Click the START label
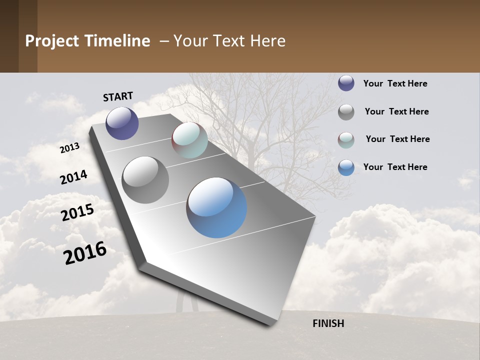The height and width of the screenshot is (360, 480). tap(118, 96)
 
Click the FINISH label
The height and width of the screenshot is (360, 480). tap(328, 323)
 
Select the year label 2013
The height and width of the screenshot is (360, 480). tap(70, 148)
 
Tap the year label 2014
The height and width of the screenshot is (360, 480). tap(74, 177)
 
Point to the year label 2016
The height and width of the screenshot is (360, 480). tap(85, 252)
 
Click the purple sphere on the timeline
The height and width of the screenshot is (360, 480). tap(122, 123)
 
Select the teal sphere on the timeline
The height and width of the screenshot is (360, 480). tap(189, 140)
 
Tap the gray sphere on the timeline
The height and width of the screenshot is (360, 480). tap(145, 179)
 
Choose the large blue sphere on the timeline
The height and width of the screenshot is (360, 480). tap(216, 207)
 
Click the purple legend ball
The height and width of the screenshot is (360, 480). tap(346, 83)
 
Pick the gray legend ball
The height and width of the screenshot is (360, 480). tap(346, 112)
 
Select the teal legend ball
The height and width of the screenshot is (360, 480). tap(346, 140)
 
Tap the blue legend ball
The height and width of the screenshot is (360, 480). tap(346, 167)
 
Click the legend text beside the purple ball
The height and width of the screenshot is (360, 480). tap(395, 83)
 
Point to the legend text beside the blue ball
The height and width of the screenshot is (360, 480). tap(395, 167)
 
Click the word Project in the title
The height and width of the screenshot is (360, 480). tap(52, 41)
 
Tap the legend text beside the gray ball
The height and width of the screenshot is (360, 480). tap(396, 111)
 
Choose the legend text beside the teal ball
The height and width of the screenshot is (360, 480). tap(397, 139)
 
